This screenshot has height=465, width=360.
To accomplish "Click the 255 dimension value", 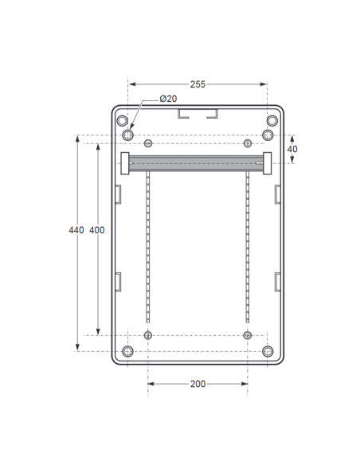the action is tap(198, 84).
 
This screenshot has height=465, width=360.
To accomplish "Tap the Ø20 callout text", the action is tap(168, 99).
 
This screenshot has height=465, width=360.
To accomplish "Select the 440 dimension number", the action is tap(76, 230).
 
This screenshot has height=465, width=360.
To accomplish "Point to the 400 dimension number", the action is tap(97, 230).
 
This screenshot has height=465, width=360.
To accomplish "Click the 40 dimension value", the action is tap(292, 149).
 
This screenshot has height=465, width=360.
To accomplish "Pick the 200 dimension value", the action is tap(198, 384).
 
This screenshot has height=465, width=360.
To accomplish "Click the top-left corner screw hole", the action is tap(122, 121).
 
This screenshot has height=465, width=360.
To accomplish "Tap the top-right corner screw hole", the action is tap(272, 121).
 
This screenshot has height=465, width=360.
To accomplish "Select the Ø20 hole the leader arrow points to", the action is tap(127, 135).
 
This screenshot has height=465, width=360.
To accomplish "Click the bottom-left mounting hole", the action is tap(127, 351).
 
